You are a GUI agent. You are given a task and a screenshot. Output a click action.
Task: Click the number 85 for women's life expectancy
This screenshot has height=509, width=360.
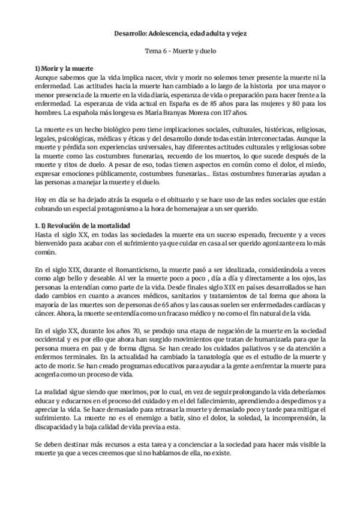pos(205,103)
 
